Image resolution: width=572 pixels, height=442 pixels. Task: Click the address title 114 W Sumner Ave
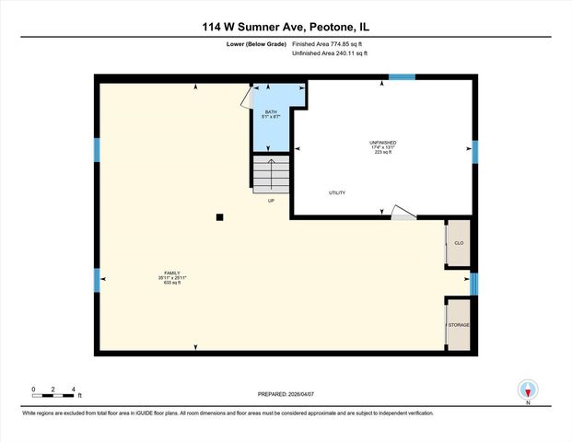click(286, 28)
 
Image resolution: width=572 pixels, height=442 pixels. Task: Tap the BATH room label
click(271, 113)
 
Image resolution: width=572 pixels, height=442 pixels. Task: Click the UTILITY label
click(337, 192)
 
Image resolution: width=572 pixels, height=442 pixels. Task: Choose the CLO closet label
click(458, 244)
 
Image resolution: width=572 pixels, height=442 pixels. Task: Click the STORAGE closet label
click(458, 324)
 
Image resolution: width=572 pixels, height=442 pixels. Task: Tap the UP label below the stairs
click(271, 200)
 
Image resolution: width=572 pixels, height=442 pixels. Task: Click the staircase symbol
click(271, 174)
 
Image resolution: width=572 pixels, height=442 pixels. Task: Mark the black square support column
click(219, 217)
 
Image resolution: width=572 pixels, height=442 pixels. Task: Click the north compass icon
click(528, 390)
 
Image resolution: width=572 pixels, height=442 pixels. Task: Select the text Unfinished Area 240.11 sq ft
click(329, 53)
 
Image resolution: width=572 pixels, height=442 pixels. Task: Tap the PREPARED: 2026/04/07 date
click(286, 394)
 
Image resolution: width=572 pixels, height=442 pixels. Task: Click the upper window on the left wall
click(96, 150)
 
